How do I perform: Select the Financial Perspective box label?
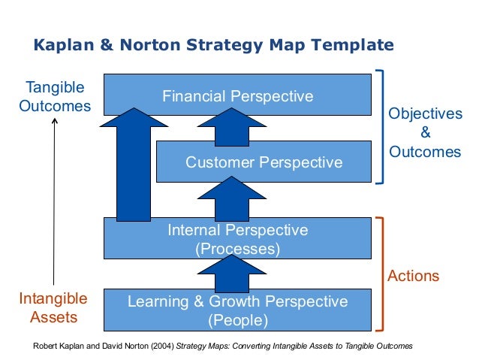click(238, 96)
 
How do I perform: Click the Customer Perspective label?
click(264, 162)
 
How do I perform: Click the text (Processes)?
click(237, 248)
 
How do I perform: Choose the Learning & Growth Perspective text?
click(237, 302)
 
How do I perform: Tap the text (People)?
click(237, 320)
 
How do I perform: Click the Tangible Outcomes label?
click(54, 97)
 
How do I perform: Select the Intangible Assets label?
click(53, 308)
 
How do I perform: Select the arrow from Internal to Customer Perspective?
click(237, 199)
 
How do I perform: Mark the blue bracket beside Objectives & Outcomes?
click(381, 126)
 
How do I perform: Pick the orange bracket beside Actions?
click(381, 274)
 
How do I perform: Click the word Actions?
click(413, 276)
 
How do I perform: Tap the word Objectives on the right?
click(425, 114)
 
